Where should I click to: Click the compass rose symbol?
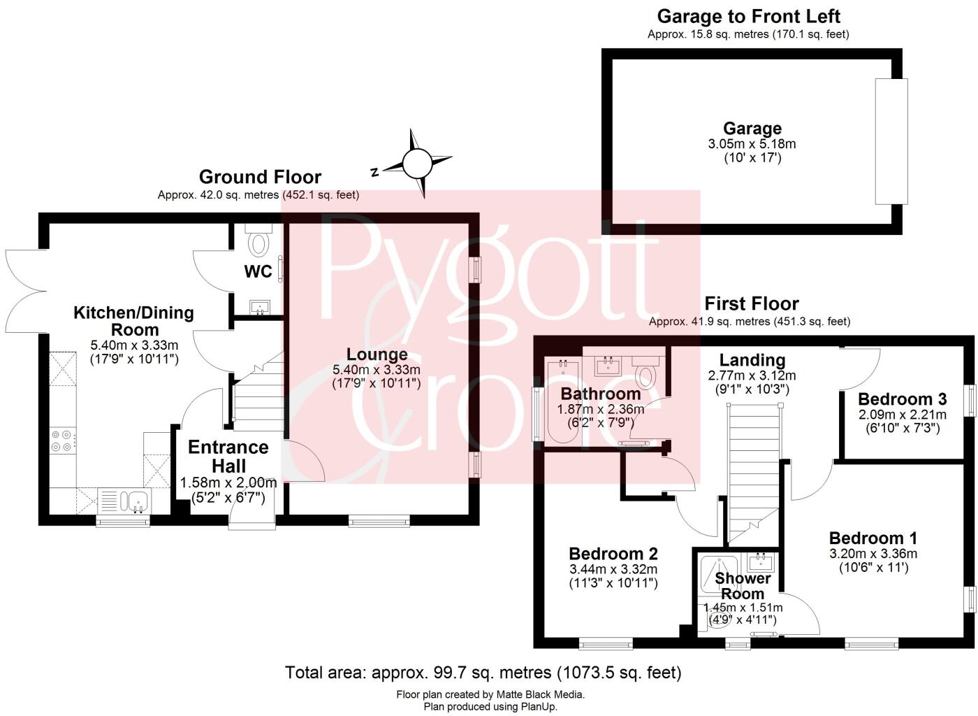point(417,164)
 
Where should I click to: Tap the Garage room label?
point(752,129)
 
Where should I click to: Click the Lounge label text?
point(377,355)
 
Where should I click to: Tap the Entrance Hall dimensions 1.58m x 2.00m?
point(228,483)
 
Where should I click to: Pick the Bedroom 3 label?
point(902,399)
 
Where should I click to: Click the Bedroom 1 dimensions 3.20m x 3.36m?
point(873,554)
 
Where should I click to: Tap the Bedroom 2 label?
point(613,554)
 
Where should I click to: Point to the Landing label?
point(752,360)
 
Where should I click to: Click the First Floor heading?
point(751,303)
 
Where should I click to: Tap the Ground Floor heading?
point(260,177)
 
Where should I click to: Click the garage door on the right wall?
point(891,141)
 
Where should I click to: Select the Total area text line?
point(483,673)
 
